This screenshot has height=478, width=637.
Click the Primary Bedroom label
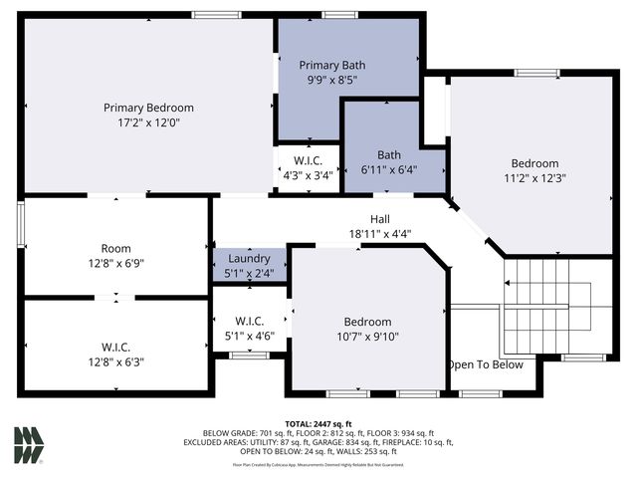(148, 108)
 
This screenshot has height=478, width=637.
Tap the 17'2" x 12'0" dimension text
(148, 122)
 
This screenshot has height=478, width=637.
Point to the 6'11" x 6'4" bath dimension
(388, 170)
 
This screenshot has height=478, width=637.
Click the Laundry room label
(249, 259)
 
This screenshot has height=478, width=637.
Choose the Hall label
(380, 219)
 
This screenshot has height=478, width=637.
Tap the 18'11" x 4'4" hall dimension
(380, 234)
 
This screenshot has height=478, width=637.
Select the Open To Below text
(486, 364)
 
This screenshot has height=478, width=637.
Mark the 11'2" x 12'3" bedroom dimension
(534, 179)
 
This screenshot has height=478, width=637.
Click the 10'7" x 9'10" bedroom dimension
(367, 337)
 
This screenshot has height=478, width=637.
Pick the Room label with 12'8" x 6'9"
(115, 249)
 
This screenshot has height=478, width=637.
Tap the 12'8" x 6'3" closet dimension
(115, 362)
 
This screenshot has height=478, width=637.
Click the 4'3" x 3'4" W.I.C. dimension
(308, 175)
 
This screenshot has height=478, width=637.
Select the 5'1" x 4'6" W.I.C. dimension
(249, 336)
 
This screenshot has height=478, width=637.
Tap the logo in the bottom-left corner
(29, 444)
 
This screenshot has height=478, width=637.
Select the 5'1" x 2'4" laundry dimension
(249, 273)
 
